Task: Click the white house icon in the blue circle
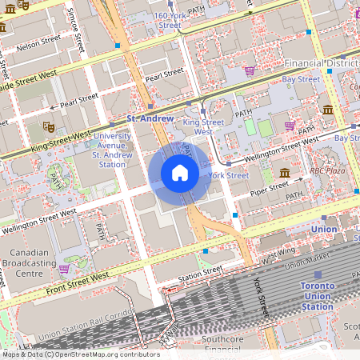pos(180,173)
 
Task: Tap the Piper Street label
pos(268,188)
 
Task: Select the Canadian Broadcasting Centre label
pos(29,262)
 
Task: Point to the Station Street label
pos(200,272)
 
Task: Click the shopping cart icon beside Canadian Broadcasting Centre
pos(63,268)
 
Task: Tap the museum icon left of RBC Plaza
pos(285,172)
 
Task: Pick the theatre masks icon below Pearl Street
pos(48,126)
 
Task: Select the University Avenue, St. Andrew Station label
pos(113,150)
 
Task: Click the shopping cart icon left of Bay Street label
pos(250,70)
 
